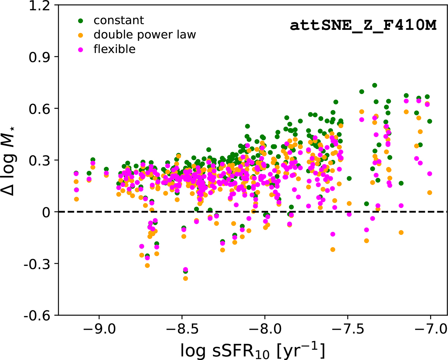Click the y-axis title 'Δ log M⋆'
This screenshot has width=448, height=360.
15,161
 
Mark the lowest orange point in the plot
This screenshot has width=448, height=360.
186,278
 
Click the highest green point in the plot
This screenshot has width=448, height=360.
374,86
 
